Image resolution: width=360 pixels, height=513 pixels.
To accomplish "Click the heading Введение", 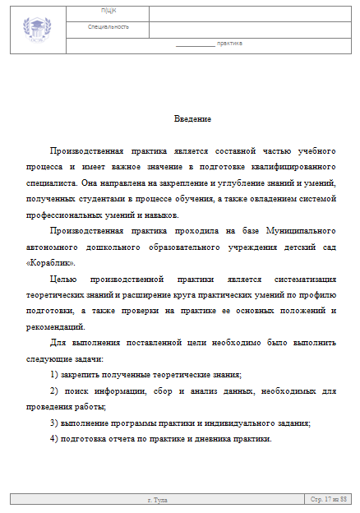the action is tap(193, 119).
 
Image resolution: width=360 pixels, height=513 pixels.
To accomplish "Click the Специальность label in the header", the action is tap(108, 27).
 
